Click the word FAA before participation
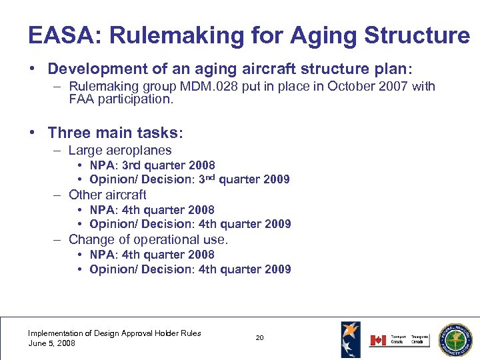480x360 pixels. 81,99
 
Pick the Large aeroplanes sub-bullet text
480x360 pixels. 120,151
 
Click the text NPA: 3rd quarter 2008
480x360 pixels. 152,165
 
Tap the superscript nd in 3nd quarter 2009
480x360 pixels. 210,177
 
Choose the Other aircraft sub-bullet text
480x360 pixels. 107,195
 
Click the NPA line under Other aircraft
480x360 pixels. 152,210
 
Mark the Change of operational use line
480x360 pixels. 148,239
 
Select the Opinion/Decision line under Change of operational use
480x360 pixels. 190,269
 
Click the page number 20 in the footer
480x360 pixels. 259,338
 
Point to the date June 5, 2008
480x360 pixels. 51,343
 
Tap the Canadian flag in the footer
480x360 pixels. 378,340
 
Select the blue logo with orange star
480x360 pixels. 351,338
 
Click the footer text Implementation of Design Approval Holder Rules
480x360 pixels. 114,333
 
